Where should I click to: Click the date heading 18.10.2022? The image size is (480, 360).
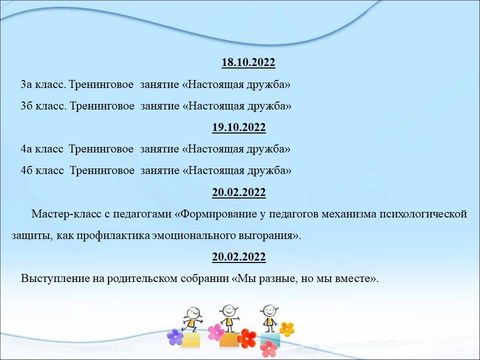pos(248,62)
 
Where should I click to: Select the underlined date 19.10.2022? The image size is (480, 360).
pos(239,127)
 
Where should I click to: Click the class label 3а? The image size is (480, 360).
pos(26,84)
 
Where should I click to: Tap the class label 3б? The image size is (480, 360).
pos(26,105)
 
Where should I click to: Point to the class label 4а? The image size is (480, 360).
pos(26,149)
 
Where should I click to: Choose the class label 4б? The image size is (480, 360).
pos(26,170)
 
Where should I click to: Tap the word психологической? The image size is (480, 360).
pos(423,213)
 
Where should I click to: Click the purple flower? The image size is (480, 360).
pos(175,336)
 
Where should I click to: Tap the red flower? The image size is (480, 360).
pos(246,338)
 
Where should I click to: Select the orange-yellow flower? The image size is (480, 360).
pos(287,329)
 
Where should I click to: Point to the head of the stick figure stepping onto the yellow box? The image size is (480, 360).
pos(193,313)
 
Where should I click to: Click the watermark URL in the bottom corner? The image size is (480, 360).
pos(108,349)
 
